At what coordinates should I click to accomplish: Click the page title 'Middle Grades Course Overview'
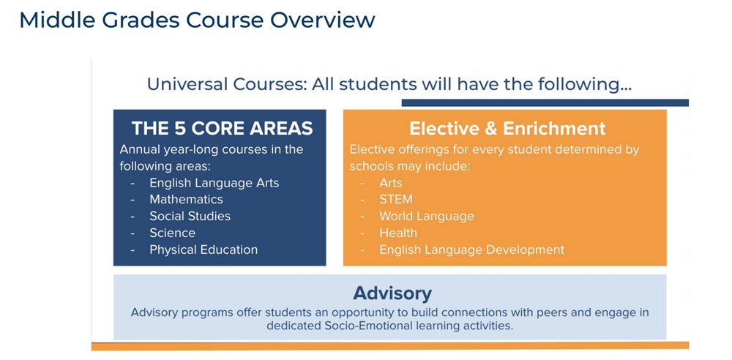(x=197, y=20)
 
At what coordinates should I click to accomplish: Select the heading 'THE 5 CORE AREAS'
(x=222, y=129)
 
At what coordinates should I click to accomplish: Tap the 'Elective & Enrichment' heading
(x=507, y=129)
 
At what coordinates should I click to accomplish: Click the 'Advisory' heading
(x=392, y=293)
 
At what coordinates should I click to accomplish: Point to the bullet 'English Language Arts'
(x=214, y=183)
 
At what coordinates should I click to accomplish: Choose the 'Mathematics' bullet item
(x=186, y=199)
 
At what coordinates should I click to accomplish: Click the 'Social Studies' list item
(x=190, y=216)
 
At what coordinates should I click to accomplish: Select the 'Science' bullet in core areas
(x=172, y=233)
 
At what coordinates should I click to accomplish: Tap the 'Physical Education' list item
(x=203, y=250)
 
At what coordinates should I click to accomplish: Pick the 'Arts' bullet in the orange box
(x=390, y=183)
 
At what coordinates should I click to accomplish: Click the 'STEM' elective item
(x=395, y=199)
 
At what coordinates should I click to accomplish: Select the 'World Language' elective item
(x=426, y=216)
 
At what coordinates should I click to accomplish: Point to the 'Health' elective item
(x=397, y=233)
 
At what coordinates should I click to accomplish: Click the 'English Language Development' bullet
(x=471, y=250)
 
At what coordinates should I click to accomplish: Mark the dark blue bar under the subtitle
(x=545, y=102)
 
